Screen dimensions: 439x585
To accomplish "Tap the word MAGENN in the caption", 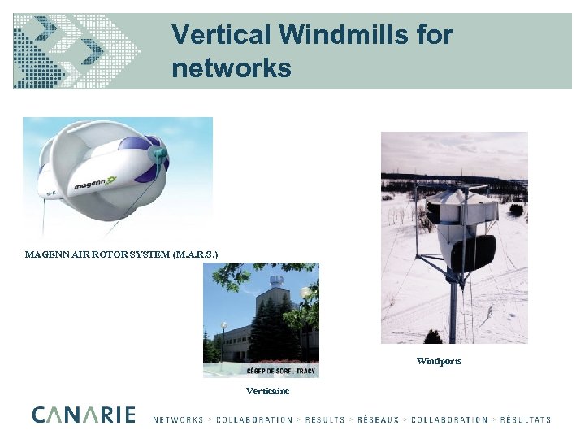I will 49,254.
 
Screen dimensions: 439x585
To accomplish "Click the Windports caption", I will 439,361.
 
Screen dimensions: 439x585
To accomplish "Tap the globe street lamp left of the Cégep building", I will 223,327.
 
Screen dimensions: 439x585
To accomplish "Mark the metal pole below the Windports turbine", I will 453,313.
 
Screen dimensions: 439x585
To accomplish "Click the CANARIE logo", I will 84,415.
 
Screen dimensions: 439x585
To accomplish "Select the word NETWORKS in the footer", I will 178,420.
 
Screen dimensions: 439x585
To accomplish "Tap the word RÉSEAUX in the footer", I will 379,420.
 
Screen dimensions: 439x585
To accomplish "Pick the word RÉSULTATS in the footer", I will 525,420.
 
